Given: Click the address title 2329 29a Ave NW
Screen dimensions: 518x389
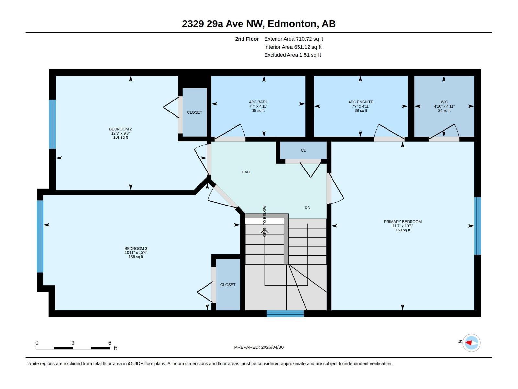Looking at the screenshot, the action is point(222,24).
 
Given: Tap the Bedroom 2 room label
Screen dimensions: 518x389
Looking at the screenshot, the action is point(120,129).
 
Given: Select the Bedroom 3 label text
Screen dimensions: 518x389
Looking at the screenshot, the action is point(136,248).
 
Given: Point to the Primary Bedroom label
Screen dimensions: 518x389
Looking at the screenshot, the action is point(403,221).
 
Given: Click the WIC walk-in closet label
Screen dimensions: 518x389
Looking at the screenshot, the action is point(444,102).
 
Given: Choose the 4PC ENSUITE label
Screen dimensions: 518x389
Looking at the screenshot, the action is point(361,102).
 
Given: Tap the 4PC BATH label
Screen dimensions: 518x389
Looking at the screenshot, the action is point(258,102).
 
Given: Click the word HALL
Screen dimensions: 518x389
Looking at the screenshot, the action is point(246,172).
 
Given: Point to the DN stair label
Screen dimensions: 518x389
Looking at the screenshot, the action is point(307,207).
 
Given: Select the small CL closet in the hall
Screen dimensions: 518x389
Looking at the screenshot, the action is point(303,150).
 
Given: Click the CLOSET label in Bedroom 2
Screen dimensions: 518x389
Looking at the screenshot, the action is point(195,112).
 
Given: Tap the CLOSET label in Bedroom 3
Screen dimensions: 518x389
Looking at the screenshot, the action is point(228,285).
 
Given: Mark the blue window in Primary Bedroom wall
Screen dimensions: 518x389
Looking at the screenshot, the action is point(478,226).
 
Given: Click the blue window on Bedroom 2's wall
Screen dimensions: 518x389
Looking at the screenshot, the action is point(52,124).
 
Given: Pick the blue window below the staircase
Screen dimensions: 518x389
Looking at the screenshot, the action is point(285,313).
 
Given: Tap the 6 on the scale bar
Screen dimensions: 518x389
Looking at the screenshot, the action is point(110,343).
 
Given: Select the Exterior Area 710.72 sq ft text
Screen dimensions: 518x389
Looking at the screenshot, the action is point(294,39).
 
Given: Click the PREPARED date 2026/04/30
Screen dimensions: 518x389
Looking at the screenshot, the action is point(272,347).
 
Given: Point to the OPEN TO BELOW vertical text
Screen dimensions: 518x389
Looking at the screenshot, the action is point(265,221).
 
